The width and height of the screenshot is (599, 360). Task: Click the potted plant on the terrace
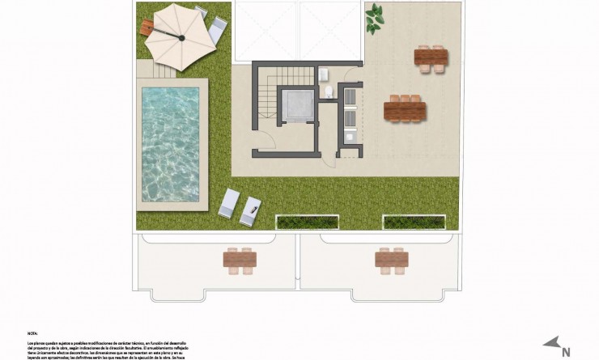pos(374,19)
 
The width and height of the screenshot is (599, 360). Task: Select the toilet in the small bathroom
pos(328,93)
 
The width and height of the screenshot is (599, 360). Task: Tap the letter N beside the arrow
pos(566,352)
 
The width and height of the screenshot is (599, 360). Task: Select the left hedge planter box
pos(308,222)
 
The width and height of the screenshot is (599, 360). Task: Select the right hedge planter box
pos(414,222)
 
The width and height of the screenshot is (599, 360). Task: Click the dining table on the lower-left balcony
pos(240,259)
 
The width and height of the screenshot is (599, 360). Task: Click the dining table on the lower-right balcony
pos(392,259)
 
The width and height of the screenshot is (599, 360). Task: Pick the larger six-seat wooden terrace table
pos(403,110)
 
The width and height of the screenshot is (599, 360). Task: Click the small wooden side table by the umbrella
pos(146,28)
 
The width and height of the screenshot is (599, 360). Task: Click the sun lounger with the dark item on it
pos(251,209)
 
